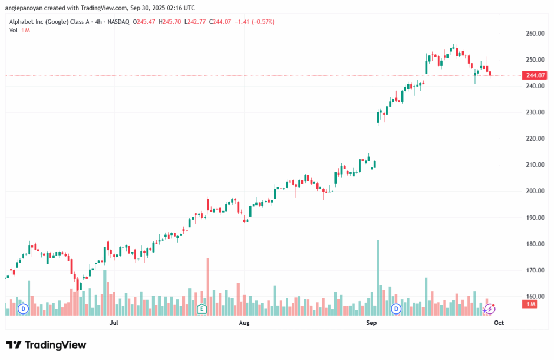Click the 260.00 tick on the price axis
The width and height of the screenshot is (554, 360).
tap(535, 34)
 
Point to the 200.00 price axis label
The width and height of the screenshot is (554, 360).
tap(535, 191)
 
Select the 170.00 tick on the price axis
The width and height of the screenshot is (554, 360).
tap(535, 270)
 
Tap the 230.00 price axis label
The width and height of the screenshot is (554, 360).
tap(535, 113)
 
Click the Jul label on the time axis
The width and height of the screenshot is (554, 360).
tap(114, 323)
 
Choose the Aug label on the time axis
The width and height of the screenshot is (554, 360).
tap(244, 323)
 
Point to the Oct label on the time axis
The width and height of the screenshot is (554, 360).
tap(499, 323)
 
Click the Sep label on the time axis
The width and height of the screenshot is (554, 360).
tap(371, 323)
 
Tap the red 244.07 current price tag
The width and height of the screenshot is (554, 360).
tap(535, 76)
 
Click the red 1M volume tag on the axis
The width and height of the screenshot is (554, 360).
tap(530, 305)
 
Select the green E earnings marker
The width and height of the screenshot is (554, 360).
tap(202, 309)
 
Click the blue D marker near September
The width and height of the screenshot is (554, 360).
tap(396, 309)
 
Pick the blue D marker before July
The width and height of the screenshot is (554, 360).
tap(23, 309)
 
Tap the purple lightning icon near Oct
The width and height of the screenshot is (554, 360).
tap(490, 309)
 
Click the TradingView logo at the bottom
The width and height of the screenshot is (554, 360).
tap(46, 345)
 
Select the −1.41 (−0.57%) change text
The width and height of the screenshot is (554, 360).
tap(254, 22)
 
